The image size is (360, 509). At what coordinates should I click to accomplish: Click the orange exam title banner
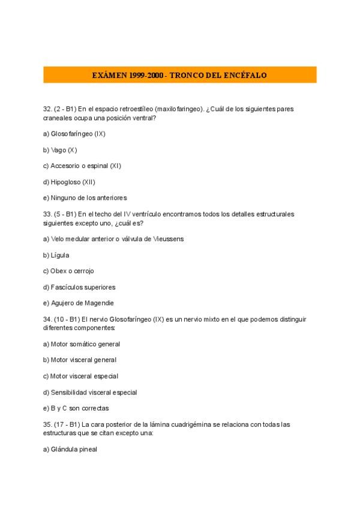(x=180, y=75)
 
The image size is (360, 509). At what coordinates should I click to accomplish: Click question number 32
(x=47, y=109)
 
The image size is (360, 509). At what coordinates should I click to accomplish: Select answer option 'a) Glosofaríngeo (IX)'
(x=74, y=134)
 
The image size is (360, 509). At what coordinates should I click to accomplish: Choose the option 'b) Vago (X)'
(x=60, y=150)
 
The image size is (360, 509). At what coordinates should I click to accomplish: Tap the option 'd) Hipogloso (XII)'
(x=69, y=182)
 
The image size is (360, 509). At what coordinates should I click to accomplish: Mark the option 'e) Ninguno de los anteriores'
(x=85, y=197)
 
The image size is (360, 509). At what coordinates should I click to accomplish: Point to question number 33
(x=47, y=214)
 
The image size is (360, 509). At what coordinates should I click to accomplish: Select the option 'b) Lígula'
(x=56, y=255)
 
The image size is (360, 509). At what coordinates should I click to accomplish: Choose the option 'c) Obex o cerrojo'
(x=68, y=271)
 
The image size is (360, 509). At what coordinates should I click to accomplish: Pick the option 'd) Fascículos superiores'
(x=79, y=287)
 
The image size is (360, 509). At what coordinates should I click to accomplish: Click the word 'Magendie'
(x=99, y=303)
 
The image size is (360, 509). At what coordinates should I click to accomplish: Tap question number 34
(x=47, y=319)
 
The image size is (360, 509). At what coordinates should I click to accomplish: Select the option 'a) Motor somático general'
(x=82, y=345)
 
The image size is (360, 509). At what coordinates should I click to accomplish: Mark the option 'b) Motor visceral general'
(x=80, y=360)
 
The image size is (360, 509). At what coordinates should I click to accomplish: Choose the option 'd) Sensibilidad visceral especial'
(x=90, y=393)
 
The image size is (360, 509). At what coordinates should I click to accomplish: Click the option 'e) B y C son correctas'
(x=76, y=408)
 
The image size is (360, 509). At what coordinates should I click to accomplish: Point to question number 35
(x=47, y=424)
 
